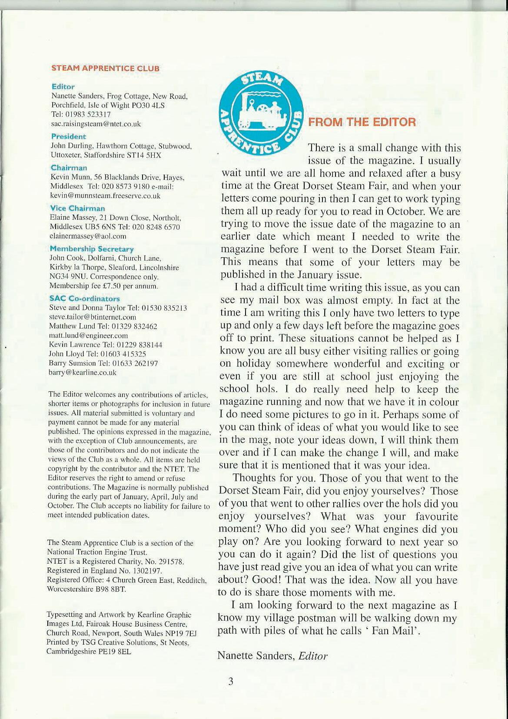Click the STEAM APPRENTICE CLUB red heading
(105, 68)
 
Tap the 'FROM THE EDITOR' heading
(362, 122)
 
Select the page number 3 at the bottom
(231, 681)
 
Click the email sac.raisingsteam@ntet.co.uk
(96, 124)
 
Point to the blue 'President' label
(69, 137)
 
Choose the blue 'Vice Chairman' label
(77, 208)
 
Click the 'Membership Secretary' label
(92, 249)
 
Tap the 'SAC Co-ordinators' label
(84, 299)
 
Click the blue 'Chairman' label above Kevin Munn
(69, 168)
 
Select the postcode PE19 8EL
(115, 652)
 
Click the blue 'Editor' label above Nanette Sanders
(63, 87)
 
